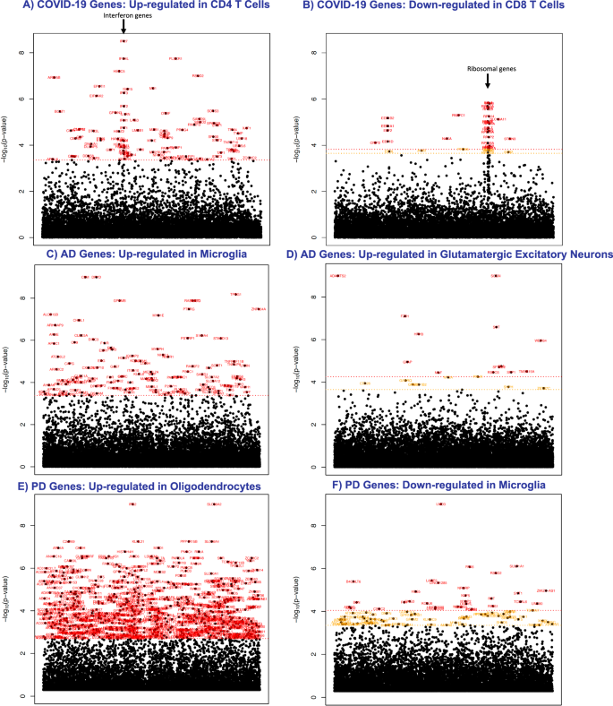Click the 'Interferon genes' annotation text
tap(123, 15)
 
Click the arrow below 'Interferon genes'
tap(123, 28)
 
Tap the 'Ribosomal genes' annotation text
tap(488, 69)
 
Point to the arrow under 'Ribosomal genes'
tap(488, 82)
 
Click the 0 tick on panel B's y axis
tap(316, 237)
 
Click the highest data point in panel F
tap(441, 504)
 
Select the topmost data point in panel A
tap(123, 41)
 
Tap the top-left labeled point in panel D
tap(337, 276)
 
